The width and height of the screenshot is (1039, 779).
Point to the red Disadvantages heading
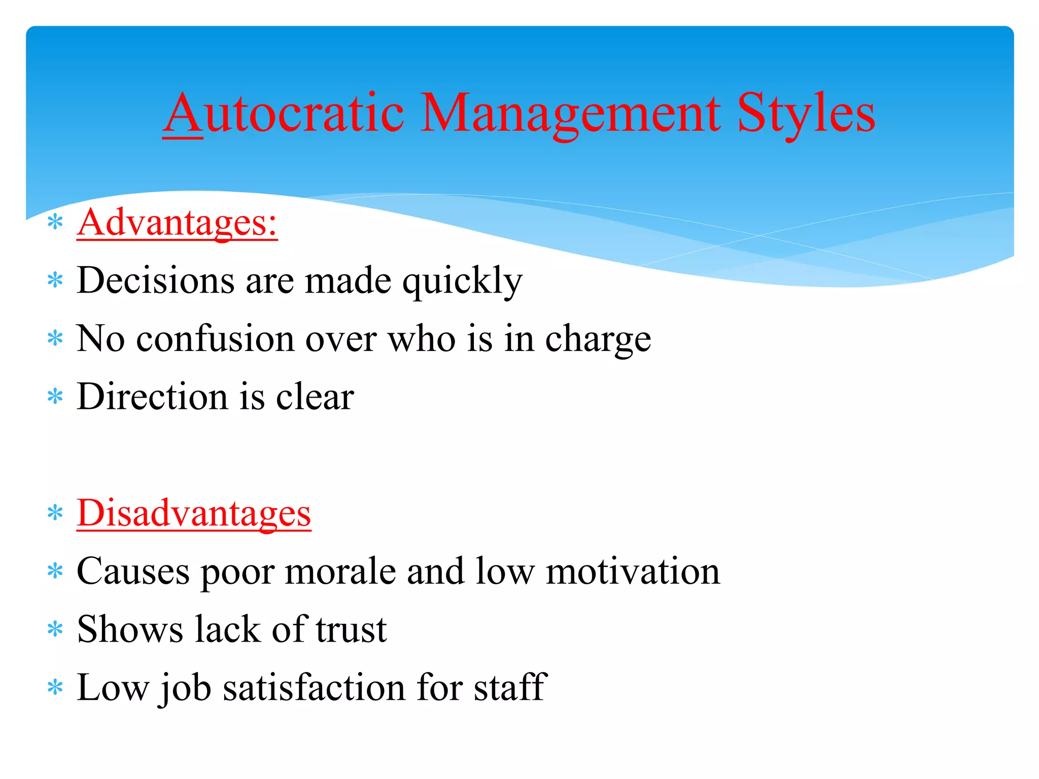pyautogui.click(x=194, y=513)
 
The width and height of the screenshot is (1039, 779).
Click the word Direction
pyautogui.click(x=152, y=396)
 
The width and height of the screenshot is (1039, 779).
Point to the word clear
pyautogui.click(x=315, y=396)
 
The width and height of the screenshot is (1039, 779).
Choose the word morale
pyautogui.click(x=340, y=571)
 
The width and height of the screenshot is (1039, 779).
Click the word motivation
pyautogui.click(x=633, y=571)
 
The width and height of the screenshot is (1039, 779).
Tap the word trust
pyautogui.click(x=351, y=629)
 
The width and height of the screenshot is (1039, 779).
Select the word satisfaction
pyautogui.click(x=314, y=687)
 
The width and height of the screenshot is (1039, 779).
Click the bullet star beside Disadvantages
pyautogui.click(x=55, y=513)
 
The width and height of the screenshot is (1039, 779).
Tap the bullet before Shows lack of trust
pyautogui.click(x=55, y=630)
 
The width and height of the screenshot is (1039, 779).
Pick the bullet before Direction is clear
pyautogui.click(x=55, y=397)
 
